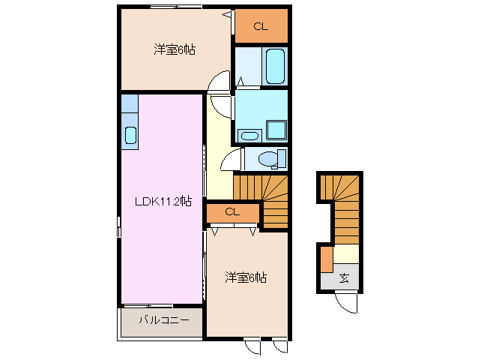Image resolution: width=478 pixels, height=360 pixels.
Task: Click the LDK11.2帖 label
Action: pyautogui.click(x=162, y=200)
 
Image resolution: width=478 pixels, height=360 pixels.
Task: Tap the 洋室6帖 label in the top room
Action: pyautogui.click(x=175, y=49)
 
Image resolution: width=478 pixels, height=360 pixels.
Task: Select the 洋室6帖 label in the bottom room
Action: pyautogui.click(x=246, y=277)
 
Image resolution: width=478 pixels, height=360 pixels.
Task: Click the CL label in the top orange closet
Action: pyautogui.click(x=260, y=27)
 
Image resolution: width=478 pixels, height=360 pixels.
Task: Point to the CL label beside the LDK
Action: pyautogui.click(x=232, y=212)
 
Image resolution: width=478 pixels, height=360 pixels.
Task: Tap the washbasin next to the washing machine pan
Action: pyautogui.click(x=248, y=136)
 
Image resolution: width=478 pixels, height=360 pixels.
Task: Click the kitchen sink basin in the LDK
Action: pyautogui.click(x=130, y=136)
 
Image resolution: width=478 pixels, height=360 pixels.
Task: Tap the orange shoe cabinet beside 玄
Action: pyautogui.click(x=326, y=259)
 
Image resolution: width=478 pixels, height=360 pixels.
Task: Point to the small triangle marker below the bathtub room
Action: pyautogui.click(x=240, y=80)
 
